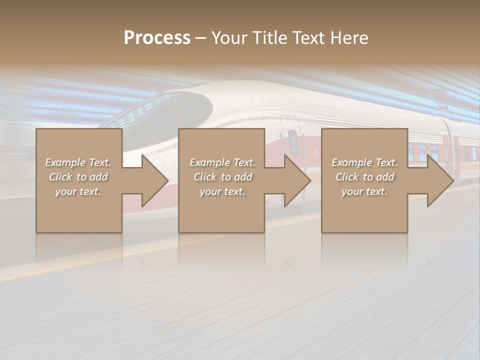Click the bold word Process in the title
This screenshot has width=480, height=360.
click(x=157, y=38)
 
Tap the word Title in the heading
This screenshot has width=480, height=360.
click(x=271, y=38)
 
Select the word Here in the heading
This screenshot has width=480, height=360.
click(x=350, y=38)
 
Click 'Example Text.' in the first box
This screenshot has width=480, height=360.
click(x=78, y=162)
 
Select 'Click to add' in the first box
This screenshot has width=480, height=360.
click(x=78, y=177)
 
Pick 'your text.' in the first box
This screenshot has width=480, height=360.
click(x=78, y=191)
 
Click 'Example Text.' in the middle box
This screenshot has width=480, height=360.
click(x=222, y=162)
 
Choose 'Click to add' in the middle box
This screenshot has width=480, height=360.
click(x=222, y=177)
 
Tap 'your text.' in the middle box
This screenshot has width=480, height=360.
click(x=222, y=191)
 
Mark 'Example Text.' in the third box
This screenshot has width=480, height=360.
click(x=364, y=162)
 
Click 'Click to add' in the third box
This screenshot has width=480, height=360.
click(x=364, y=177)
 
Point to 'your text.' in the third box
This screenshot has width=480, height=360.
click(x=364, y=191)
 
